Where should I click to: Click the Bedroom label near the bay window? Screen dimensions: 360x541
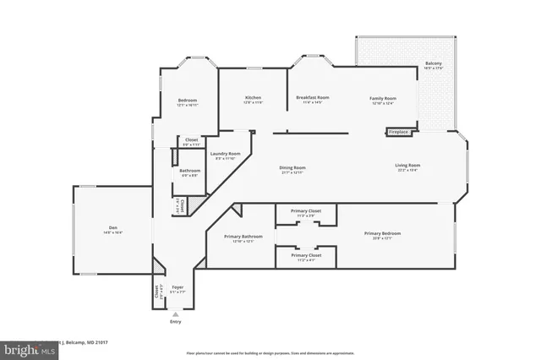(187, 100)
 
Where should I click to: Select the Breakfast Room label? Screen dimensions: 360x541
(312, 98)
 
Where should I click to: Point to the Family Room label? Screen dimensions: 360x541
(383, 99)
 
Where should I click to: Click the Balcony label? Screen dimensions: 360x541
(432, 64)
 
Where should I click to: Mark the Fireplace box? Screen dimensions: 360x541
(398, 132)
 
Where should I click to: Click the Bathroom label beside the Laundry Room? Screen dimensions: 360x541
(189, 171)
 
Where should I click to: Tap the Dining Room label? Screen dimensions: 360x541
(292, 168)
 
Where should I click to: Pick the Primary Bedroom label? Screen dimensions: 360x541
(383, 233)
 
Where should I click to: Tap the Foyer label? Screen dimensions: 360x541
(178, 288)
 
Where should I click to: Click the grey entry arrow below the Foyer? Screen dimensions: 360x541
(176, 313)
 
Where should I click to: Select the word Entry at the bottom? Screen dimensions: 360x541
(176, 322)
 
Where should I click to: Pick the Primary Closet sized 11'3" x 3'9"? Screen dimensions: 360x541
(305, 213)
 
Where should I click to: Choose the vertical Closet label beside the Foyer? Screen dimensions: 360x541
(157, 292)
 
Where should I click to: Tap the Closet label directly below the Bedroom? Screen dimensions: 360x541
(192, 140)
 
